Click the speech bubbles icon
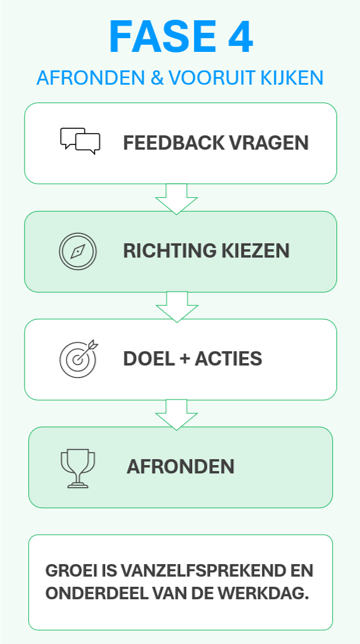click(x=80, y=141)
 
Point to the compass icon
click(x=77, y=250)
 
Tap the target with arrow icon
click(x=79, y=358)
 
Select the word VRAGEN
click(x=273, y=142)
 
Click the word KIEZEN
click(x=258, y=250)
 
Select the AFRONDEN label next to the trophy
click(x=181, y=467)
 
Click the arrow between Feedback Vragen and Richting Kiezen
click(x=177, y=198)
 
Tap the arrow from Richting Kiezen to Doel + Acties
click(x=177, y=306)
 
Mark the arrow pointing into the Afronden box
click(x=177, y=414)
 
